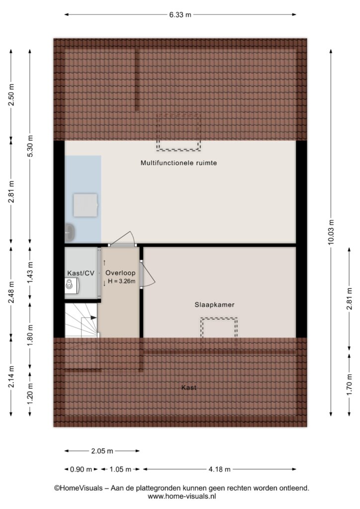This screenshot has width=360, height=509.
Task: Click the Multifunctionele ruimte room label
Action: tap(179, 163)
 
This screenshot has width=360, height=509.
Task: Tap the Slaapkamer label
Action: tap(215, 305)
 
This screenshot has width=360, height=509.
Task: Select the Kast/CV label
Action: tap(81, 273)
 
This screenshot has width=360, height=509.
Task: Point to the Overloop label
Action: tap(120, 273)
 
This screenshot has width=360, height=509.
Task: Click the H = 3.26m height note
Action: tap(121, 281)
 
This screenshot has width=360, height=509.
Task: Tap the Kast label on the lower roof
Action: tap(188, 388)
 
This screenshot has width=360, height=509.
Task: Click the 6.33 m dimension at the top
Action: tap(180, 14)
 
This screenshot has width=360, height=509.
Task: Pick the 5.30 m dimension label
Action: tap(30, 146)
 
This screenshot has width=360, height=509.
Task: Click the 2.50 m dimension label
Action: tap(11, 94)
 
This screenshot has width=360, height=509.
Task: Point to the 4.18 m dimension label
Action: tap(219, 469)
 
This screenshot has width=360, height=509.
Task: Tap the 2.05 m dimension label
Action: tap(102, 451)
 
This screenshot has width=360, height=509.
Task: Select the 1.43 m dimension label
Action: tap(30, 272)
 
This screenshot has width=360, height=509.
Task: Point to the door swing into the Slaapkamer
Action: tap(148, 274)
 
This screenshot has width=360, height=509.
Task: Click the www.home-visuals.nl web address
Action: tap(182, 497)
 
